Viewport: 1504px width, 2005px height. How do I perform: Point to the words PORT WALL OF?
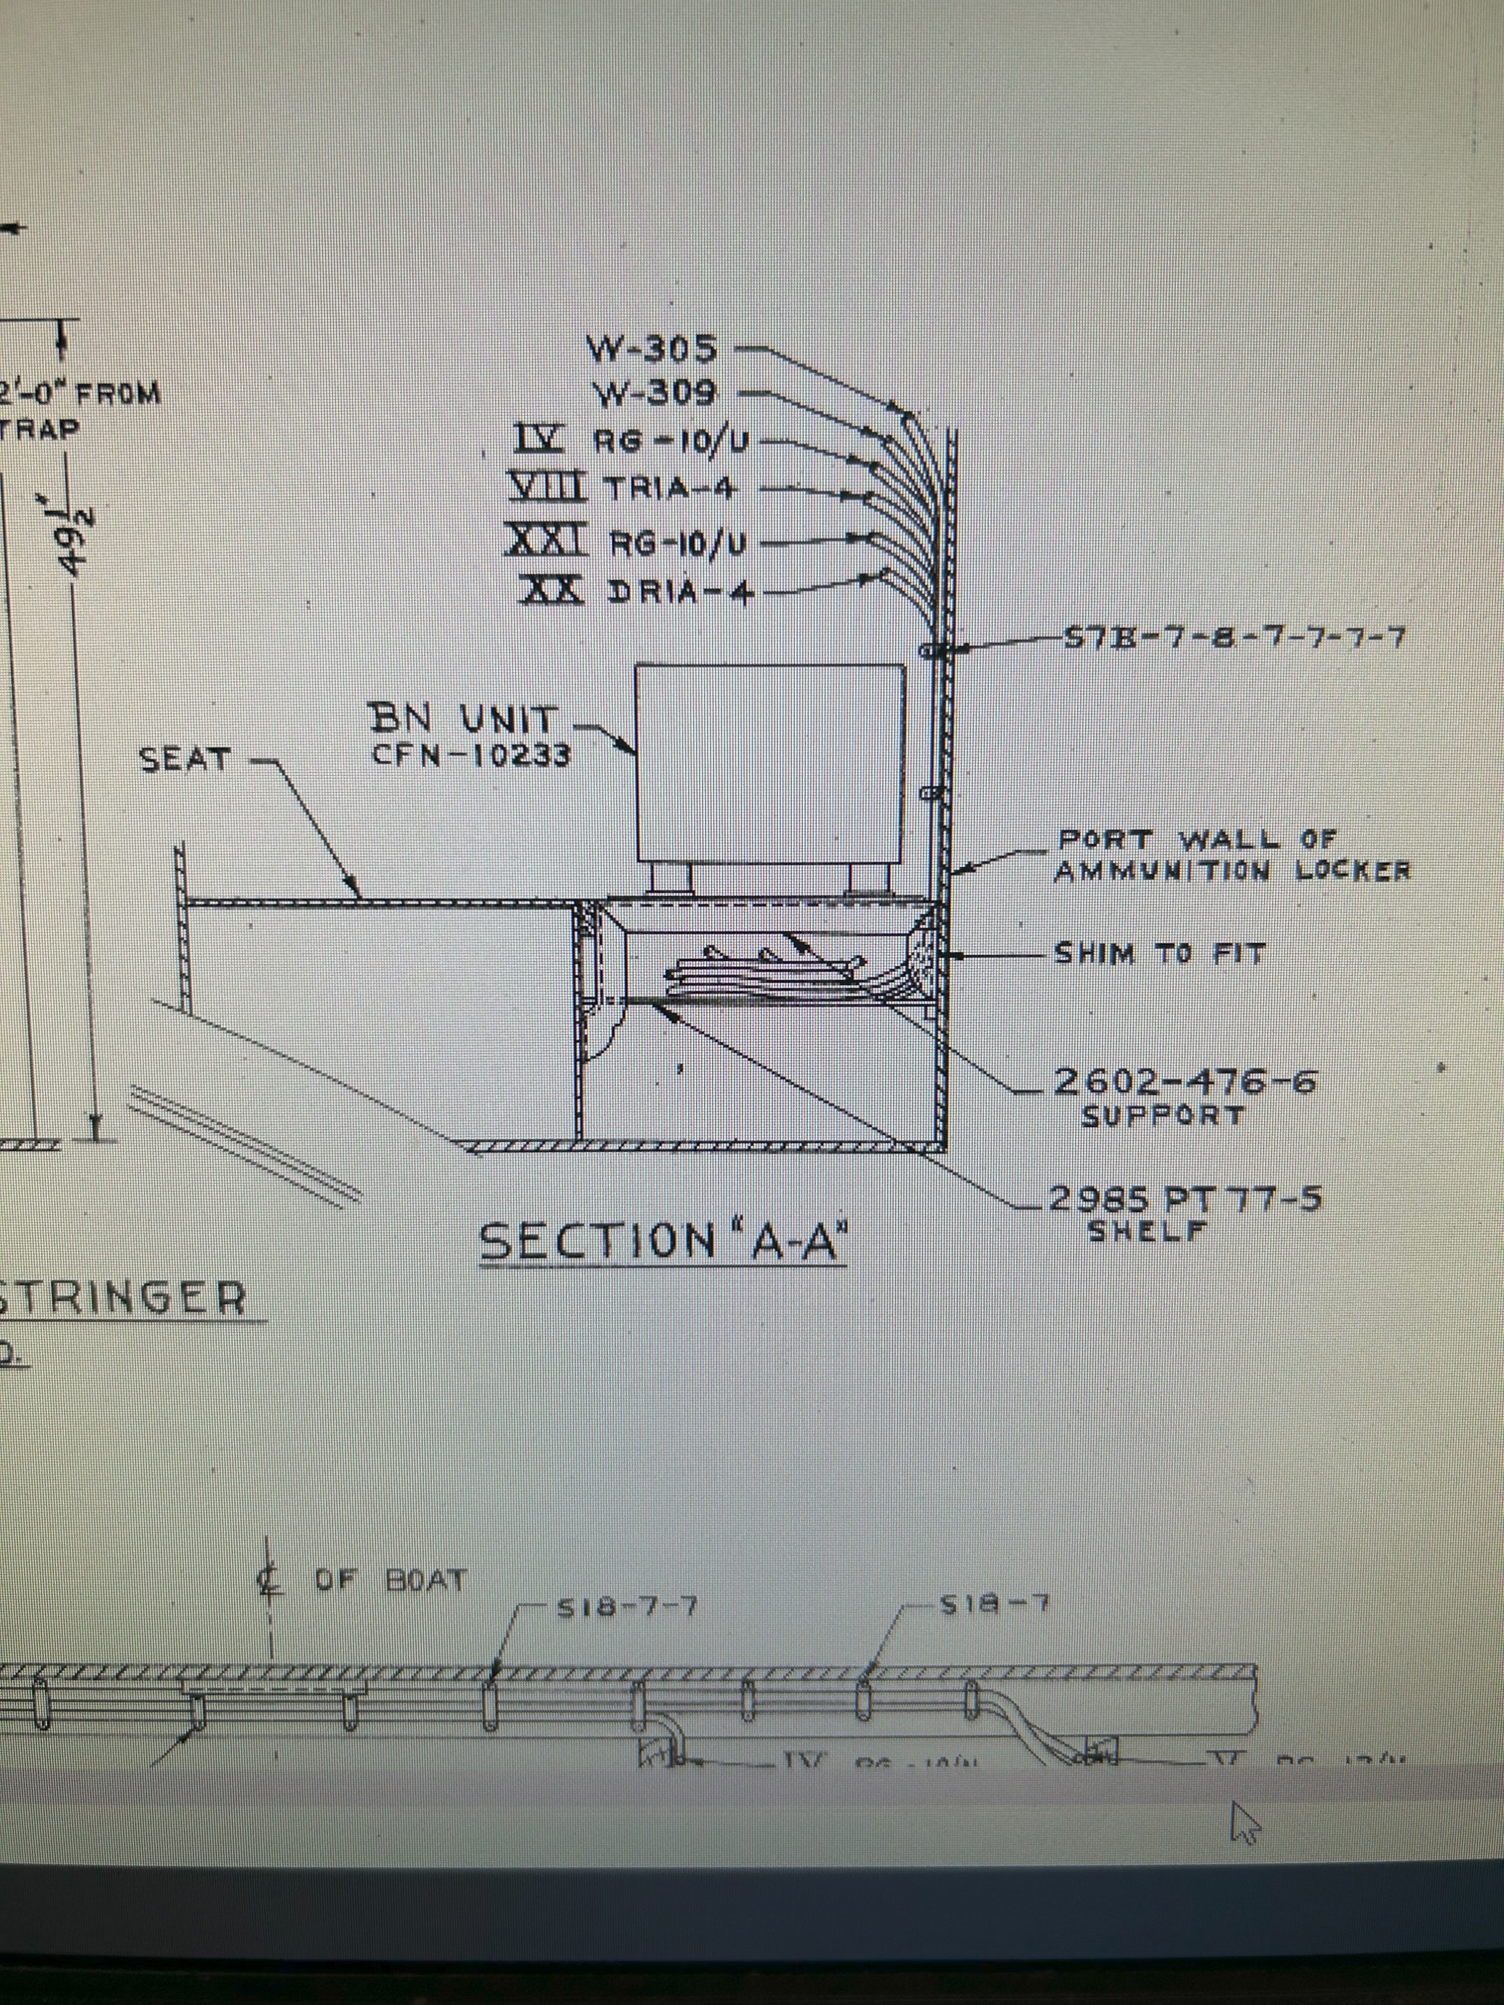tap(1197, 840)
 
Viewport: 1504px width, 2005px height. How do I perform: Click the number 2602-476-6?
tap(1183, 1082)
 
